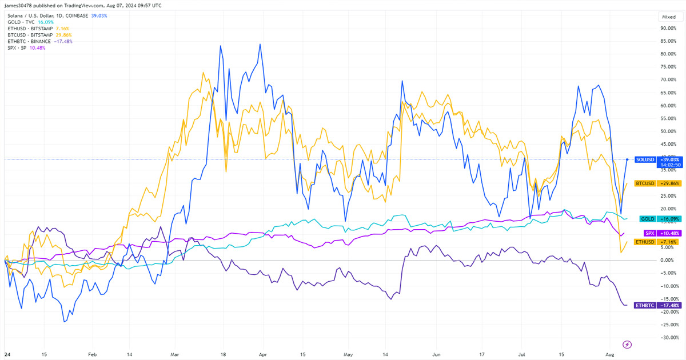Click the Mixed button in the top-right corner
click(668, 17)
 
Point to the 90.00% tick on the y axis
click(669, 28)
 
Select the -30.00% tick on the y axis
click(669, 337)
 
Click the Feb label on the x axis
click(92, 354)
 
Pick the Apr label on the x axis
click(262, 354)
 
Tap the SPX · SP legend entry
click(24, 47)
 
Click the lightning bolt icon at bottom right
click(628, 345)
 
